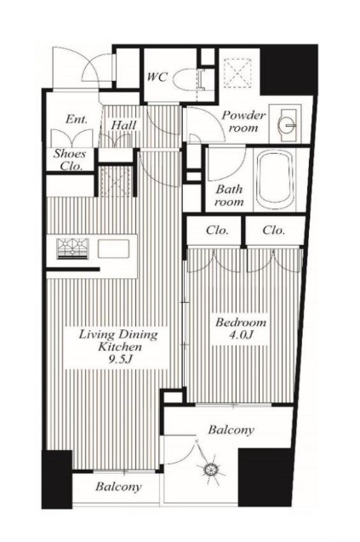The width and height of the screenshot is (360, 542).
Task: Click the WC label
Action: (157, 77)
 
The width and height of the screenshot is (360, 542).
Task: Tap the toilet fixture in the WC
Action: (188, 80)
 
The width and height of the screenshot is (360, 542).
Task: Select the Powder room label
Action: (243, 122)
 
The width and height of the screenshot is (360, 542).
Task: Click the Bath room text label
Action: (229, 196)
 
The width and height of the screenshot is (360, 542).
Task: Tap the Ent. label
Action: (77, 119)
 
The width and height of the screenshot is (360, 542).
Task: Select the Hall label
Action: (123, 125)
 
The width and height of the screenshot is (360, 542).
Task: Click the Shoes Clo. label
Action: (70, 159)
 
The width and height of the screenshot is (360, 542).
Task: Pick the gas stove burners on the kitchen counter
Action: (72, 248)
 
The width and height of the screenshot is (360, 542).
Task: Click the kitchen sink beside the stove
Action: (113, 248)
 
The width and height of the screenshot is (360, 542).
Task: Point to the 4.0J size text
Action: (241, 334)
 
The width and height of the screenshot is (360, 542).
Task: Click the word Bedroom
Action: (241, 322)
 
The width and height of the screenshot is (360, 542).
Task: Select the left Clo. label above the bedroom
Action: (217, 230)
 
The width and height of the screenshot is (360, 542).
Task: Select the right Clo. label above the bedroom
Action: (273, 230)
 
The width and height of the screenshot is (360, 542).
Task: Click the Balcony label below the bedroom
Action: (231, 430)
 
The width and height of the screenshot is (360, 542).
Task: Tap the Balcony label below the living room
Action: (118, 487)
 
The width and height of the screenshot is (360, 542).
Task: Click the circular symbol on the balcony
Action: (210, 469)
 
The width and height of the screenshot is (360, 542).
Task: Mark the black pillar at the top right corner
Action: (289, 70)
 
